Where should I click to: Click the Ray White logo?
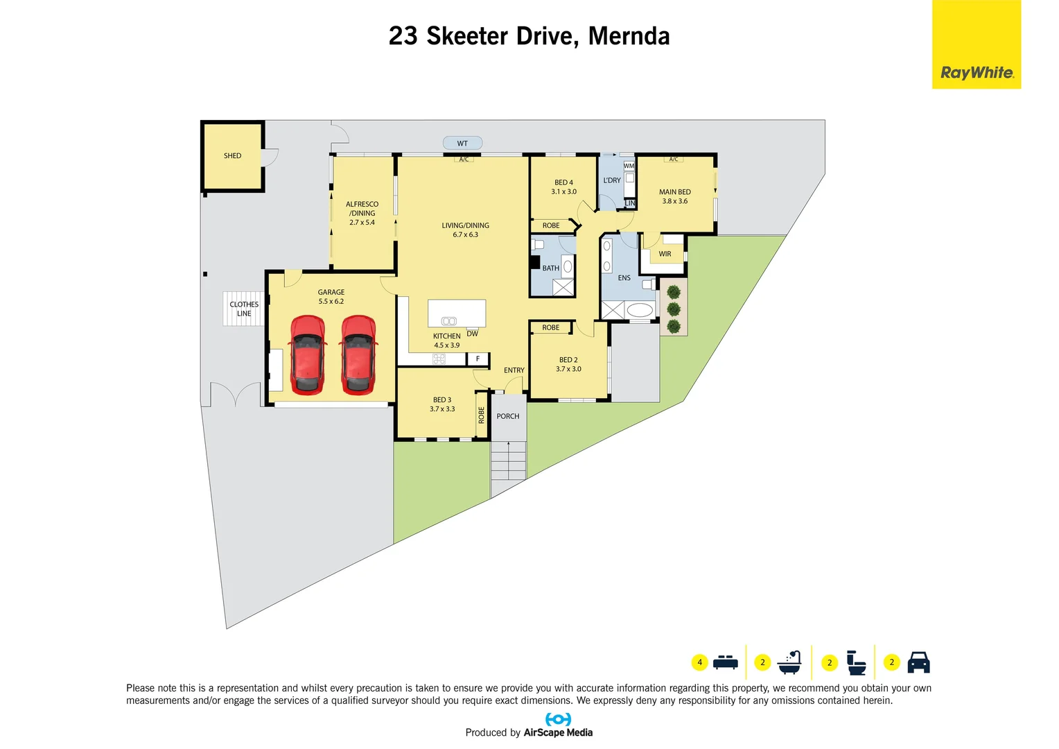[976, 72]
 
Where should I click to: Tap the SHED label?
[232, 156]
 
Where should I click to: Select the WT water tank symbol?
[462, 144]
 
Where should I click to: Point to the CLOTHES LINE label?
[244, 309]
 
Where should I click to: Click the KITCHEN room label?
[446, 336]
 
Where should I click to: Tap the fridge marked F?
[478, 359]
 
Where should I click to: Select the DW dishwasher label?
[472, 334]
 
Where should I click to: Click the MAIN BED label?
[674, 192]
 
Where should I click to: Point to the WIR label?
[665, 254]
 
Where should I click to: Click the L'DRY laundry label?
[612, 180]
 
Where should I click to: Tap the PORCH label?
[507, 416]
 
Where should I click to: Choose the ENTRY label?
[514, 370]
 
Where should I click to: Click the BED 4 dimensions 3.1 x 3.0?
[563, 192]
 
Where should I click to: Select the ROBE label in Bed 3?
[482, 415]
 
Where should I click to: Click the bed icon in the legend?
[725, 662]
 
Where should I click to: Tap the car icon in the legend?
[918, 662]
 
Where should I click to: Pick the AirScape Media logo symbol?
[558, 719]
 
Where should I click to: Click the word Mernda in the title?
[629, 36]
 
